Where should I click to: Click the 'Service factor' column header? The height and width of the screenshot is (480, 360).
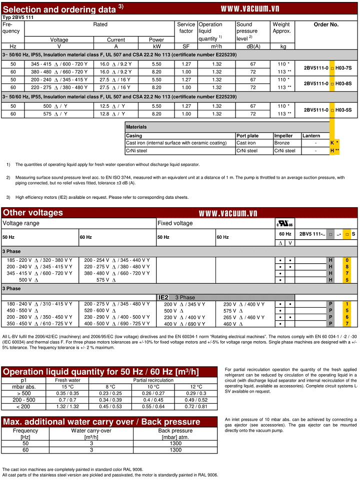coord(185,27)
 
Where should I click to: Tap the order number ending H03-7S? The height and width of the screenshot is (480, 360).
coord(327,68)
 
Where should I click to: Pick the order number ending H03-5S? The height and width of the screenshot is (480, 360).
coord(327,110)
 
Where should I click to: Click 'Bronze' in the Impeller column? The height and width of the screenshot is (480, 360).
coord(281,143)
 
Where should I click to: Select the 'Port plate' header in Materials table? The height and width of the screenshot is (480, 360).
coord(247,136)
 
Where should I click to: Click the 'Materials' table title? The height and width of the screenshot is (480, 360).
coord(136,127)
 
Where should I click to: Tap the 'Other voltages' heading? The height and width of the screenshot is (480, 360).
coord(33,213)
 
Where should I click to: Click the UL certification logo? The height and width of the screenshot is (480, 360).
coord(284,223)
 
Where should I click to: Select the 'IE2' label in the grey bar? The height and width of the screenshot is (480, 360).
coord(163,297)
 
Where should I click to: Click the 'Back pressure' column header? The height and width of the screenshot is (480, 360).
coord(175,431)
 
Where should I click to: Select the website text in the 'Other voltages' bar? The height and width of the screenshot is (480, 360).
coord(228,213)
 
